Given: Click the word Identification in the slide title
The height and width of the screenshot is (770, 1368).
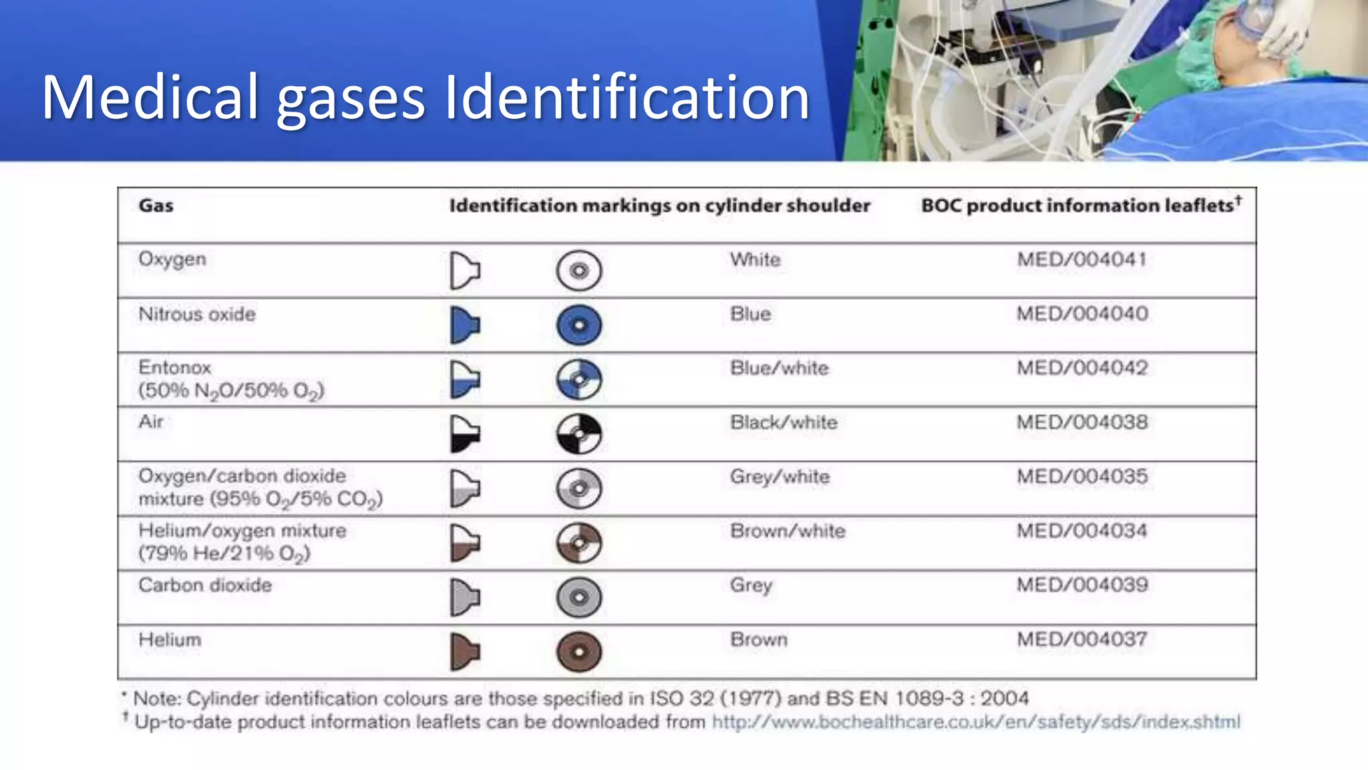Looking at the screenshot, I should coord(627,98).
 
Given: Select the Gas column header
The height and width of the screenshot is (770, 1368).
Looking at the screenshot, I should coord(156,205).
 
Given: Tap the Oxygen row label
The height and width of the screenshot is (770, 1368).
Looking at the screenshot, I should coord(172,259).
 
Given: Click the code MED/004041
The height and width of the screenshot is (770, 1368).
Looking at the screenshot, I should coord(1081,259).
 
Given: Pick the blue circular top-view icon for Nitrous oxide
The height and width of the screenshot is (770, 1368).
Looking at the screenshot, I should coord(579,326).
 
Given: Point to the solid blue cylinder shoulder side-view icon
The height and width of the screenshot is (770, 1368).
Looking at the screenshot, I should coord(465,326).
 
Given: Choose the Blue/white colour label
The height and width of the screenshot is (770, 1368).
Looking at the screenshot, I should coord(779,368).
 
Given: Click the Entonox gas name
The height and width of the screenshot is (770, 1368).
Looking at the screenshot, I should coord(175,368).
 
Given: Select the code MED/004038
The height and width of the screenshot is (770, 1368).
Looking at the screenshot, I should coord(1082,422).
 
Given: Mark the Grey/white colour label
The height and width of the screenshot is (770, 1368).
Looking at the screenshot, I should coord(780,477).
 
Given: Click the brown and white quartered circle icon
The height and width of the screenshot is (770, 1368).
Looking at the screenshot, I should coord(579,543).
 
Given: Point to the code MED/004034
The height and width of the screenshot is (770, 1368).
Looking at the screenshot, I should coord(1082,531).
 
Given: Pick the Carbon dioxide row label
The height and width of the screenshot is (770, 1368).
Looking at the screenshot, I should coord(205,586).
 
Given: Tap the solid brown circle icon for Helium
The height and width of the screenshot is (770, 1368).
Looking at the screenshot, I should coord(579,652).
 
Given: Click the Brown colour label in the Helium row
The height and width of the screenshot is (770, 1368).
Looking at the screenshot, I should coord(759,640).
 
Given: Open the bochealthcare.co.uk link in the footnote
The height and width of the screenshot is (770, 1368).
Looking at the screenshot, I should coord(976,722).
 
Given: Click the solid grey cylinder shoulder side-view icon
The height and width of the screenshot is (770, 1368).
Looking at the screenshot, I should coord(465,597).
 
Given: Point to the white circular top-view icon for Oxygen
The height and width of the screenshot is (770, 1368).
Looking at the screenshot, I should coord(579,271).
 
